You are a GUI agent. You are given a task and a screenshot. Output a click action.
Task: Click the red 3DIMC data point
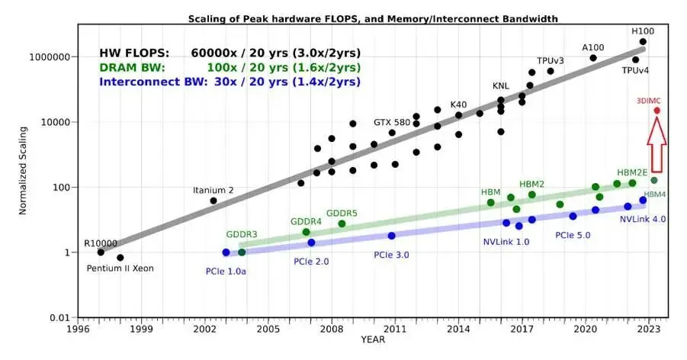tap(657, 111)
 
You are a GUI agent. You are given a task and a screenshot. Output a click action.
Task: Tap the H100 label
tap(642, 31)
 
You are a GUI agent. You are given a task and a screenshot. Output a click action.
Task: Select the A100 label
tap(593, 47)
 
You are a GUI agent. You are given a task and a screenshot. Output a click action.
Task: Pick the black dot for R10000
tap(100, 252)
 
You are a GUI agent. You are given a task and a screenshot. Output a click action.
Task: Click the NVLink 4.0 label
tap(643, 219)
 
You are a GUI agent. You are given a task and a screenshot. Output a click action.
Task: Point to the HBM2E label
tap(632, 173)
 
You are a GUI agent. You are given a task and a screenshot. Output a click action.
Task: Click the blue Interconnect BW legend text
tap(230, 82)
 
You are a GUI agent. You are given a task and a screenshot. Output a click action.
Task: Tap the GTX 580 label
tap(392, 122)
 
